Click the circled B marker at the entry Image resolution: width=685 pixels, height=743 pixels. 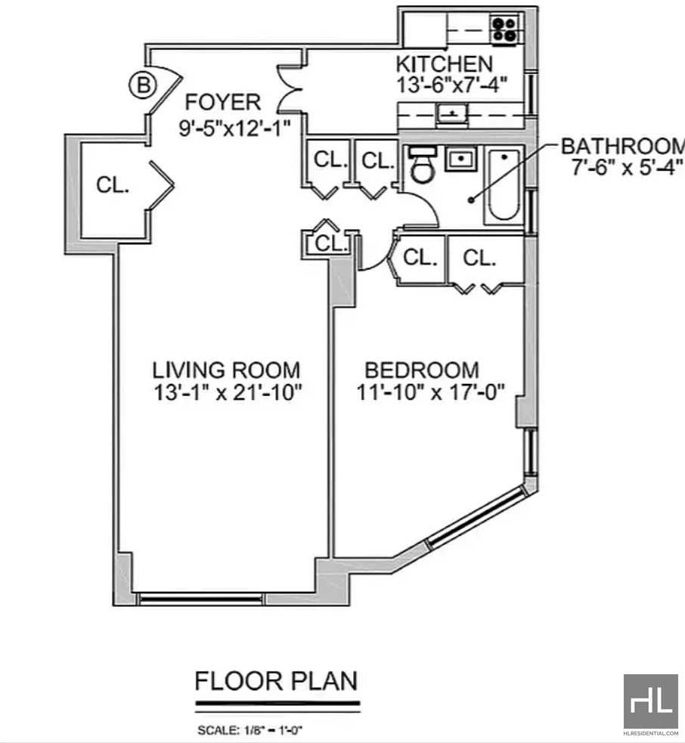pyautogui.click(x=143, y=85)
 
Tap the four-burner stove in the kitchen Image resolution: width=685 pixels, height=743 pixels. pyautogui.click(x=504, y=29)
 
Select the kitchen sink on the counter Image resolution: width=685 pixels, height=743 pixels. pyautogui.click(x=452, y=114)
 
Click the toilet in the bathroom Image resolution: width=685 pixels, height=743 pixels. pyautogui.click(x=423, y=166)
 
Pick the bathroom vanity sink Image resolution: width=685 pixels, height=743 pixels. pyautogui.click(x=460, y=159)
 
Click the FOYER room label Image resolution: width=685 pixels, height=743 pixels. pyautogui.click(x=223, y=102)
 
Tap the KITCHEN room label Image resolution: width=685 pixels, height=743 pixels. pyautogui.click(x=444, y=64)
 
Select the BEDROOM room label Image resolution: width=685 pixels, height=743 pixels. pyautogui.click(x=422, y=370)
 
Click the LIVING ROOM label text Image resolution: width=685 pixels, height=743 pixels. pyautogui.click(x=226, y=370)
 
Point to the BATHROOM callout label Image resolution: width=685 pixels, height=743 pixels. pyautogui.click(x=623, y=146)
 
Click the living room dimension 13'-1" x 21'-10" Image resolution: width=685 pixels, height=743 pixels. pyautogui.click(x=228, y=392)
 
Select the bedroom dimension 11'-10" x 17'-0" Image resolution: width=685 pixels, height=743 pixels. pyautogui.click(x=430, y=392)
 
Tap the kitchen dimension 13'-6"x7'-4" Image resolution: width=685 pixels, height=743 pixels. pyautogui.click(x=452, y=85)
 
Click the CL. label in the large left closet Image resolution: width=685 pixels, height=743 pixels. pyautogui.click(x=113, y=184)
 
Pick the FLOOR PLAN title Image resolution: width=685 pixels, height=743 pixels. pyautogui.click(x=277, y=681)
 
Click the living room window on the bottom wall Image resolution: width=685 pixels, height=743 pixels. pyautogui.click(x=201, y=599)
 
